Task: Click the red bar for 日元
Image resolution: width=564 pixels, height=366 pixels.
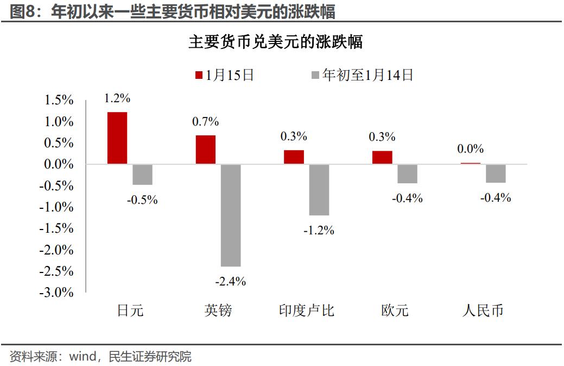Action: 117,138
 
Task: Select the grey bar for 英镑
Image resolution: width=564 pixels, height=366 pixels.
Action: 231,215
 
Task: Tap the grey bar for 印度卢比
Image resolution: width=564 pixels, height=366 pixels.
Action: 319,190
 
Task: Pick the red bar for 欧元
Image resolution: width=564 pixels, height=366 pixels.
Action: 382,157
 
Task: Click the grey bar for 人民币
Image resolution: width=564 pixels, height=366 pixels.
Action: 496,173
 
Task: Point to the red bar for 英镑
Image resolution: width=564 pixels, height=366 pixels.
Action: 205,150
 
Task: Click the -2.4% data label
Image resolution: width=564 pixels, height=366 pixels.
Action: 231,281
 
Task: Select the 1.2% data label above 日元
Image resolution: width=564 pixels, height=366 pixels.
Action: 117,98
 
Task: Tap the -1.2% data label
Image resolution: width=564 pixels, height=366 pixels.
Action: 319,230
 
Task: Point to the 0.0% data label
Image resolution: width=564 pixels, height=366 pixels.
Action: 471,149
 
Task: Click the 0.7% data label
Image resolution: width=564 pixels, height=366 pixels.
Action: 205,121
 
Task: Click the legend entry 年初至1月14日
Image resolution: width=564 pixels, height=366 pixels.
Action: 362,75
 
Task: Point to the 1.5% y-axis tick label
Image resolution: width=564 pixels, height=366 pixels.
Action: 59,101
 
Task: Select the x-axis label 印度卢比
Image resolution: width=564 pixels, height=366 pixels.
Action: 307,311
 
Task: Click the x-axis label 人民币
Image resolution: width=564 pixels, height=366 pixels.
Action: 483,311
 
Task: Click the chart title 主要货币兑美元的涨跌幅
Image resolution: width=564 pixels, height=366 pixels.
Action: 275,42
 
